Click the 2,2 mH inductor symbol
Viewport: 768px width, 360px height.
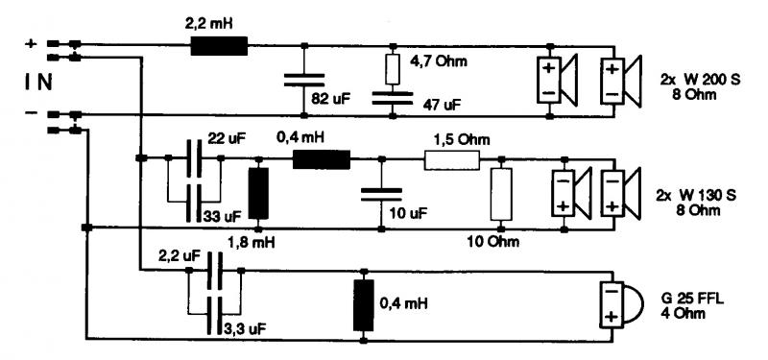point(219,46)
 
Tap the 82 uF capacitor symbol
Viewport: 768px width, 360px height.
point(304,80)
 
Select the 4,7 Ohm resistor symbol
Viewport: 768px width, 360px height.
point(393,69)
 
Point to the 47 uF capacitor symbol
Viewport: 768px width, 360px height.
point(393,98)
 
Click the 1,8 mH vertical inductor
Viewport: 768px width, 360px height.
point(258,194)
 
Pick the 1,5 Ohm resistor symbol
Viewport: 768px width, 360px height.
point(451,160)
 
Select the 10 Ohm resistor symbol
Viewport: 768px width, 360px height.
point(501,194)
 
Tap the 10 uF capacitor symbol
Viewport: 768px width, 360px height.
point(381,195)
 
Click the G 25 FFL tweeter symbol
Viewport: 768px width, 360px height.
point(617,304)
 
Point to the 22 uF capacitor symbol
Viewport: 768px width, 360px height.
point(195,158)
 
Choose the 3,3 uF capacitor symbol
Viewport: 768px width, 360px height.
point(214,315)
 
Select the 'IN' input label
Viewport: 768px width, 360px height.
point(38,83)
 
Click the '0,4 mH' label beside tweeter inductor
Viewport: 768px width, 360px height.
point(403,303)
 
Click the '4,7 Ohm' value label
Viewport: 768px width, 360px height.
point(438,61)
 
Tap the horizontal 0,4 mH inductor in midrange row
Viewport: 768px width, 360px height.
point(322,159)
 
